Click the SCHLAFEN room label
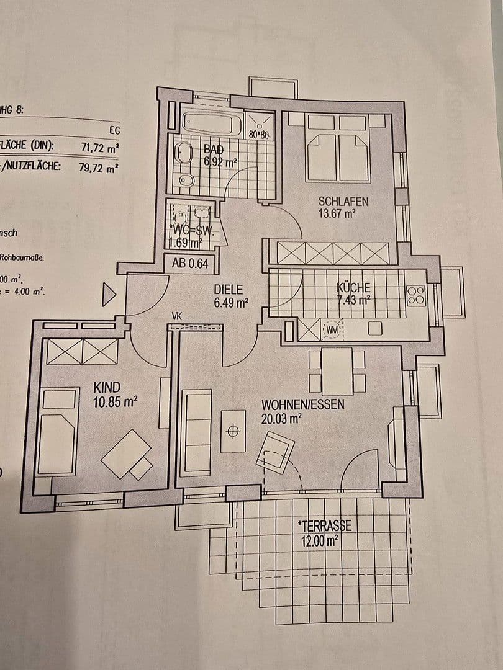pyautogui.click(x=343, y=201)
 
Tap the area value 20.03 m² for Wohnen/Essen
pyautogui.click(x=281, y=418)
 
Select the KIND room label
pyautogui.click(x=107, y=388)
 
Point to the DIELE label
pyautogui.click(x=228, y=289)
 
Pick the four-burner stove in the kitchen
pyautogui.click(x=416, y=295)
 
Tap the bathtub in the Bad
pyautogui.click(x=207, y=123)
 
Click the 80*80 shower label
pyautogui.click(x=258, y=134)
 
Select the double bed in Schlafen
pyautogui.click(x=338, y=149)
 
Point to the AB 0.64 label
pyautogui.click(x=189, y=263)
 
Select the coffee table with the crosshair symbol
pyautogui.click(x=233, y=430)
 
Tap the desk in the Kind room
pyautogui.click(x=126, y=453)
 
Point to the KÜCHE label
pyautogui.click(x=353, y=288)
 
